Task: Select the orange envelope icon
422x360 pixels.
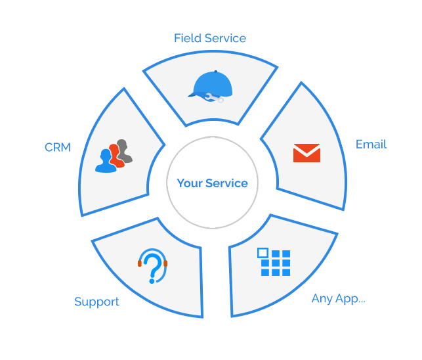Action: [306, 153]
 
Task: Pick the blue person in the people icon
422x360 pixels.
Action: [106, 161]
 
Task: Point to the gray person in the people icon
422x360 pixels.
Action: [124, 150]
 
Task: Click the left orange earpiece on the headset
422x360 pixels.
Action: [140, 263]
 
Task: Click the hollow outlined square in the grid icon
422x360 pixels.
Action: [263, 253]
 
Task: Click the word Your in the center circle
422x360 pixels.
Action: [189, 183]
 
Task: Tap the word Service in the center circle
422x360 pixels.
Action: [226, 183]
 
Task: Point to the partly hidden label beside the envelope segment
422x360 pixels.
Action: [372, 145]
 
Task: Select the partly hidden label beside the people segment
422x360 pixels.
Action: [57, 147]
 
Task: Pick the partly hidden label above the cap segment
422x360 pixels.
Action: [210, 38]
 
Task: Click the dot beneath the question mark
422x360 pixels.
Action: [152, 281]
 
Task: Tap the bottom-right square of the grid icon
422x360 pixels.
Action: [285, 272]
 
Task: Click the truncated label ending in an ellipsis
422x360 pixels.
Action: [351, 300]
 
